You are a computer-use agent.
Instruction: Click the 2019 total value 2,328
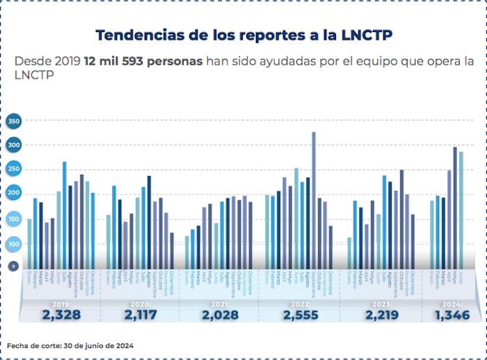coord(61,315)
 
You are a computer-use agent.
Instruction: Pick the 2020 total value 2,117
coord(141,315)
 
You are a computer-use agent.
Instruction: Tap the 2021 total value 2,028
coord(219,315)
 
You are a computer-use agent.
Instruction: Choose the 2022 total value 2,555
coord(300,315)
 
